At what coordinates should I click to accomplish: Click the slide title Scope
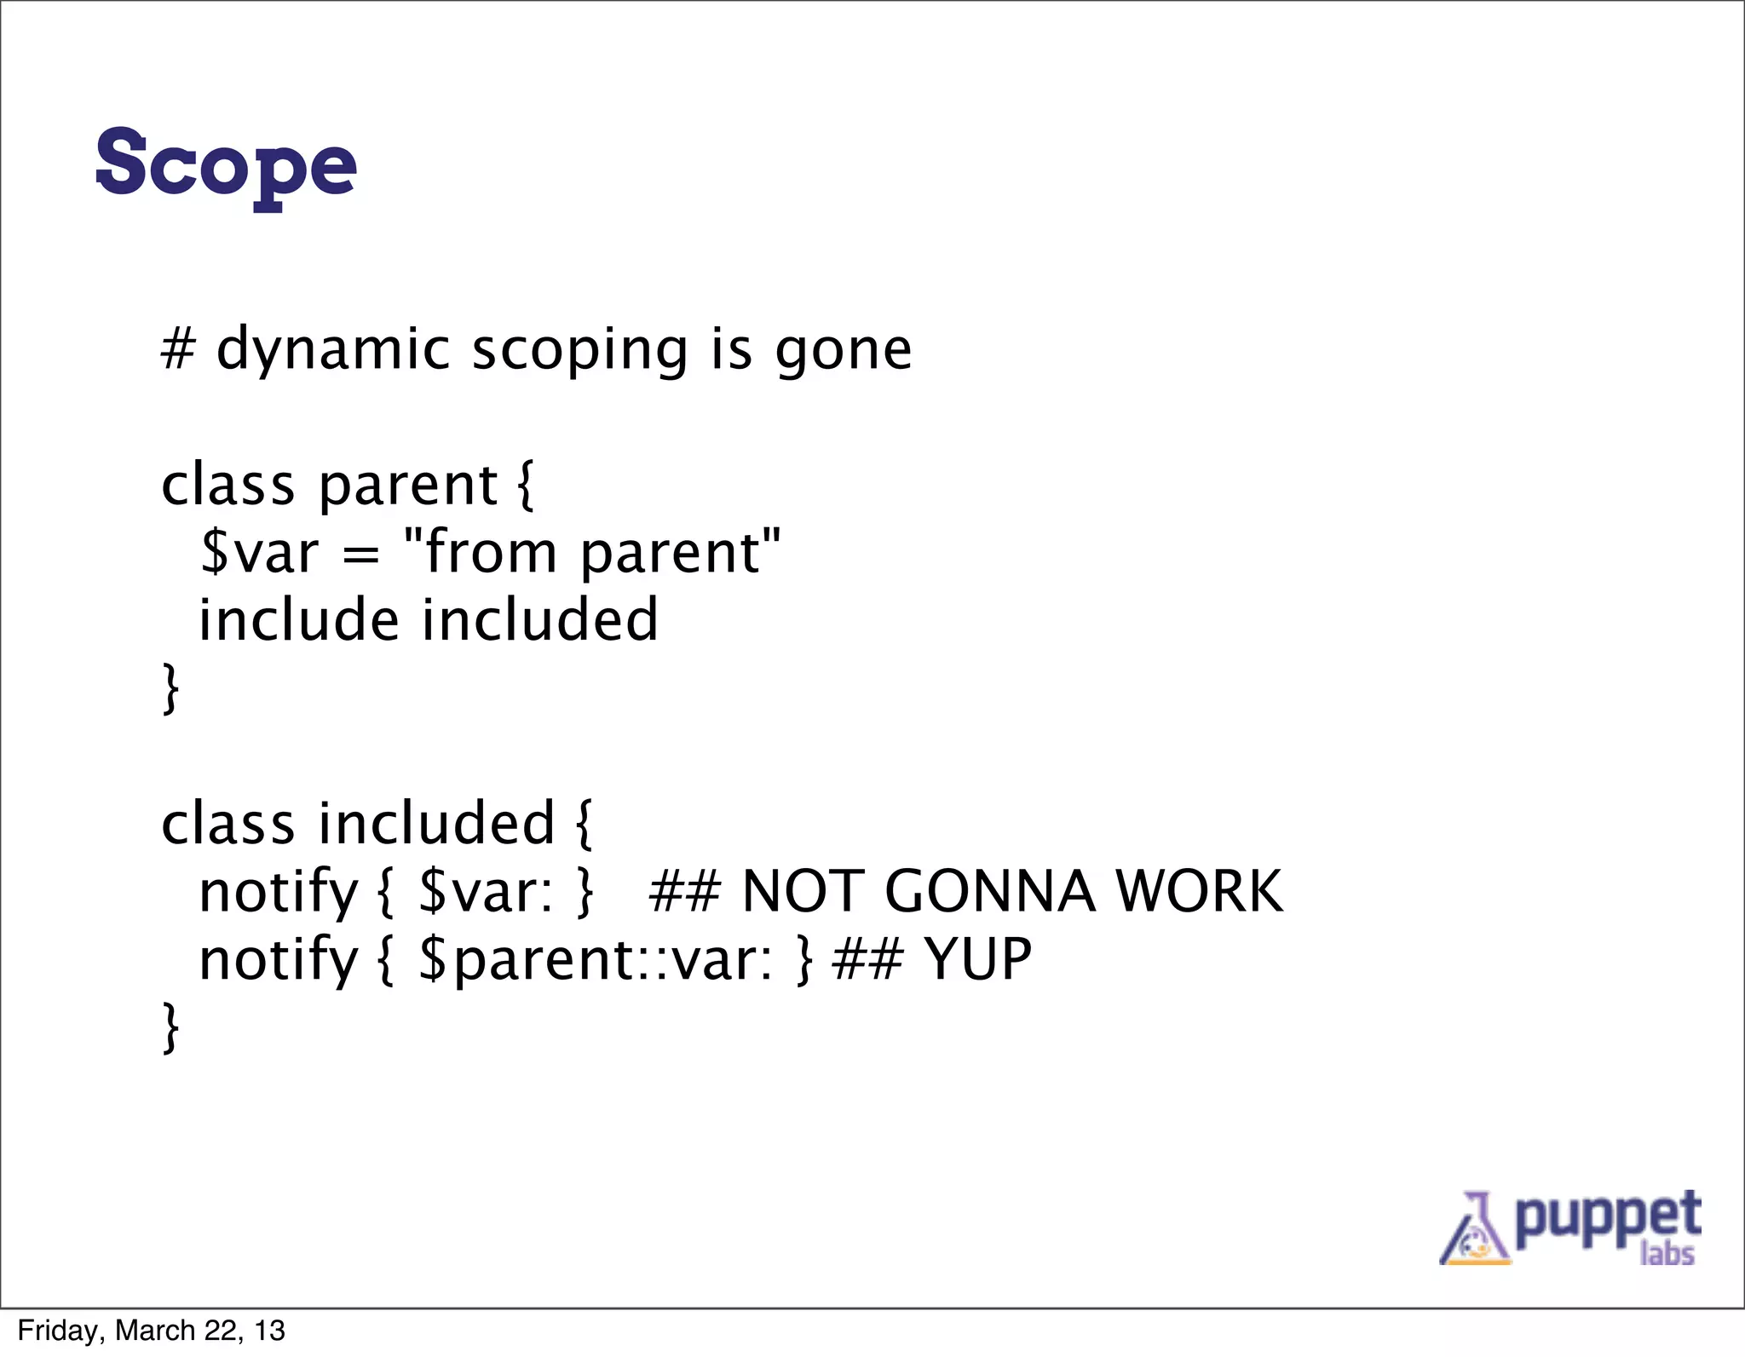point(226,164)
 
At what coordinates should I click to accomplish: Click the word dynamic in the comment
point(332,350)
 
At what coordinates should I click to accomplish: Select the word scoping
point(579,350)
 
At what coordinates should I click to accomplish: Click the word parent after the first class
point(407,486)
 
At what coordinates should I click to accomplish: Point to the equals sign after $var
point(360,555)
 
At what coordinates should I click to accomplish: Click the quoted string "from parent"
point(591,553)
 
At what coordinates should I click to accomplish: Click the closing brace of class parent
point(170,688)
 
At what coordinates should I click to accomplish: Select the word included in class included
point(436,824)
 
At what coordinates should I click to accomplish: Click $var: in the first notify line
point(486,891)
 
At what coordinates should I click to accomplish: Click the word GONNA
point(989,891)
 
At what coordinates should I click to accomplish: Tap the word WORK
point(1198,891)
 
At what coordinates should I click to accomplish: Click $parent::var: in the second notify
point(596,960)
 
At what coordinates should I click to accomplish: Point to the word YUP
point(978,959)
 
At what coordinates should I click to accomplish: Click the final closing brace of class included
point(170,1027)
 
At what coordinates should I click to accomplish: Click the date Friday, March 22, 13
point(151,1331)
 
